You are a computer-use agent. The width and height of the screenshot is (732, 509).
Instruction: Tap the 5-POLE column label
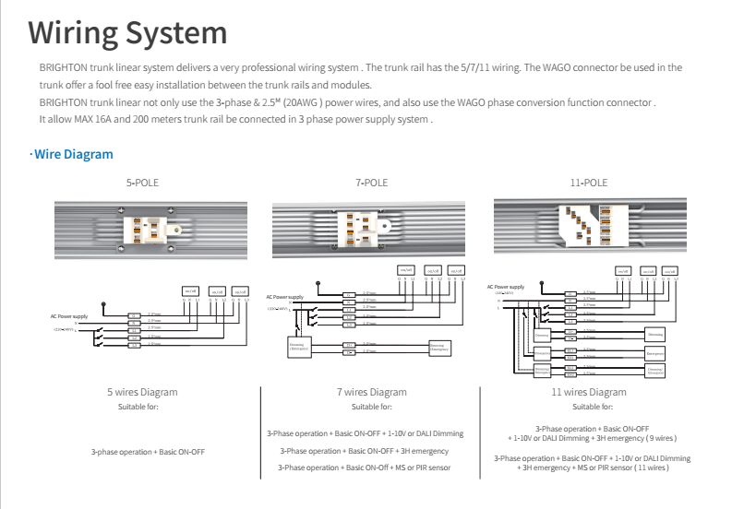tap(142, 183)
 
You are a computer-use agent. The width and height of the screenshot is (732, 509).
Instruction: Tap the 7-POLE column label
tap(371, 183)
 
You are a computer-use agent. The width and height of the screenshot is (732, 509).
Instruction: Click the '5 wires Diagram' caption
tap(142, 392)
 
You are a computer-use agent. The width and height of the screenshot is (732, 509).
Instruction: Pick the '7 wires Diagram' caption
tap(371, 392)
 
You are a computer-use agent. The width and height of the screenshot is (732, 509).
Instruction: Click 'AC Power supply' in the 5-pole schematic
tap(69, 316)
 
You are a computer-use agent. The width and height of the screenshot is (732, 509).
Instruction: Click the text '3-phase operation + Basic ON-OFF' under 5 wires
tap(148, 452)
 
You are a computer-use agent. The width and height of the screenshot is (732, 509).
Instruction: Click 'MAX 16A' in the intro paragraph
tap(92, 120)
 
